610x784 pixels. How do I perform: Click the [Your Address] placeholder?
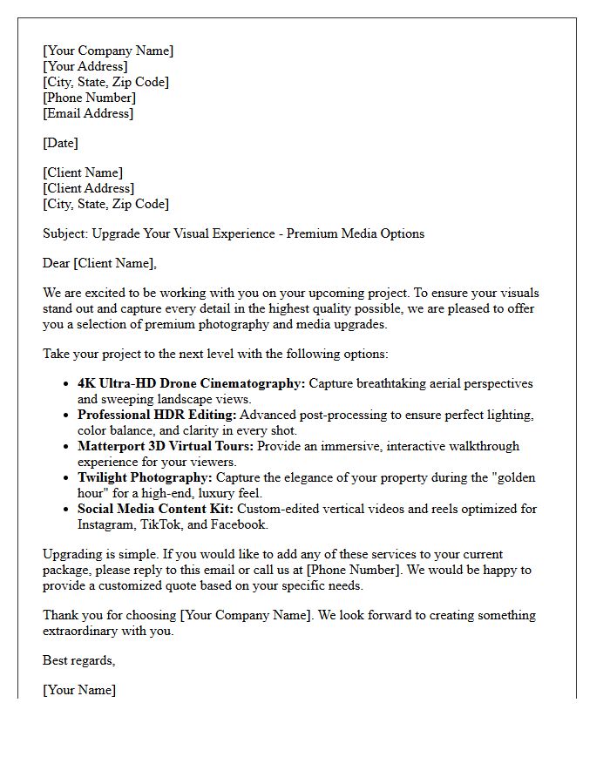point(85,66)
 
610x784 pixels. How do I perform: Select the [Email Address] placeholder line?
point(88,113)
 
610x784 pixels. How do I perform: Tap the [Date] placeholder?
point(60,143)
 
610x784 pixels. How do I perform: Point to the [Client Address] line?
point(88,188)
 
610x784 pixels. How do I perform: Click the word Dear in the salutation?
point(57,263)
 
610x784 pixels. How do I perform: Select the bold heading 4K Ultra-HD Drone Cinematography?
point(191,383)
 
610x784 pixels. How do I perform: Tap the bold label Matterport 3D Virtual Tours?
point(164,446)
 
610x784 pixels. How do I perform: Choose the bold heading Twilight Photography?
point(145,477)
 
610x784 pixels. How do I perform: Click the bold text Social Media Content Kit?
point(155,509)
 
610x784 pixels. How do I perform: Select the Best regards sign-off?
point(78,660)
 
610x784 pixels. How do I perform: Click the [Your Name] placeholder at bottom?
point(79,690)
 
